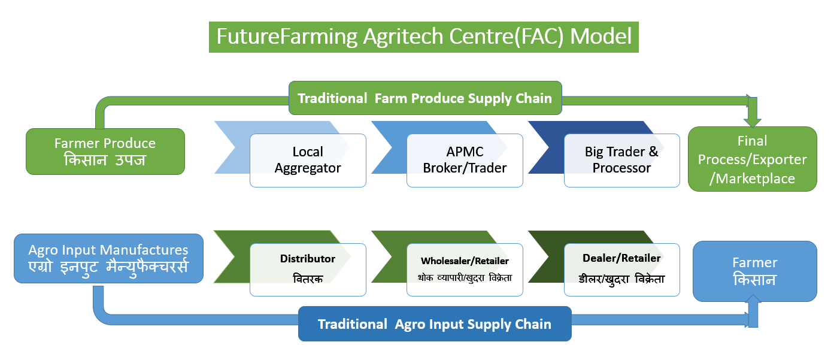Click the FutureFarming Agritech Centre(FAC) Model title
[424, 37]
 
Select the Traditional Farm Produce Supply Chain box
[425, 98]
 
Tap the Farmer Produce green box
[105, 152]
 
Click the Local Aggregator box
[308, 161]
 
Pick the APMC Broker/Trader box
[465, 161]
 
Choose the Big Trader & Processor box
[622, 161]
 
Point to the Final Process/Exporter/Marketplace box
[752, 159]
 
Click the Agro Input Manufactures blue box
[108, 258]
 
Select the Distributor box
[308, 270]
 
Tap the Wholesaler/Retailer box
[465, 270]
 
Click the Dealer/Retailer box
[622, 270]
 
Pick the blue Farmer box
[755, 271]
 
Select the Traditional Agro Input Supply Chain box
[435, 323]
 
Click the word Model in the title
[601, 37]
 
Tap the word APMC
[465, 152]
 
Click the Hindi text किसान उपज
[105, 160]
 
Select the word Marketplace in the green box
[755, 179]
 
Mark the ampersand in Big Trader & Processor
[654, 152]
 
